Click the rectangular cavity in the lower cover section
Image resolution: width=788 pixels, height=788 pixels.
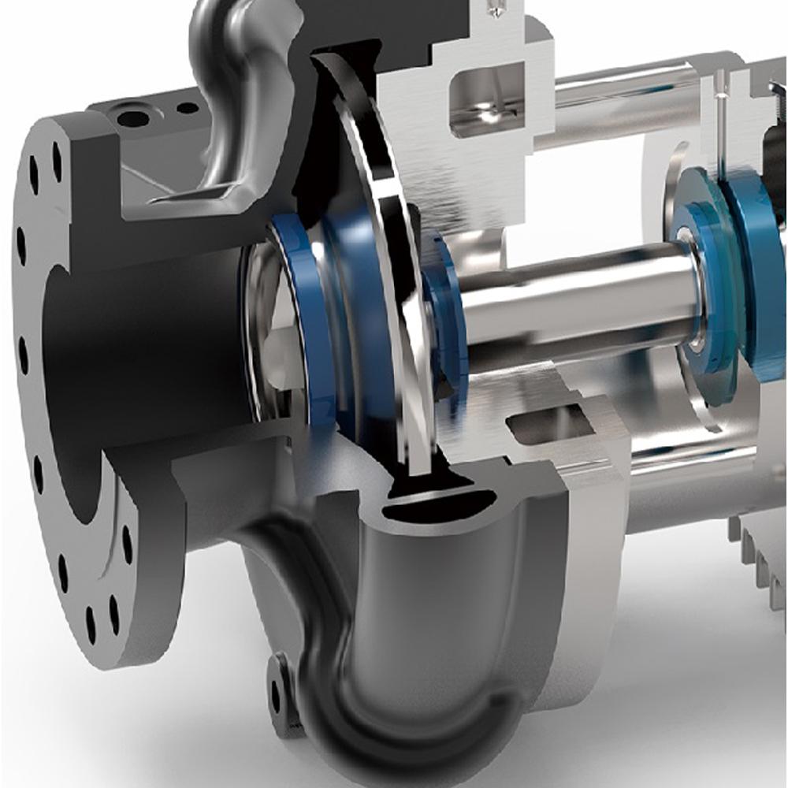(552, 426)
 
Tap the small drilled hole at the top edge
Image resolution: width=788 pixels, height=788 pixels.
(495, 9)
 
